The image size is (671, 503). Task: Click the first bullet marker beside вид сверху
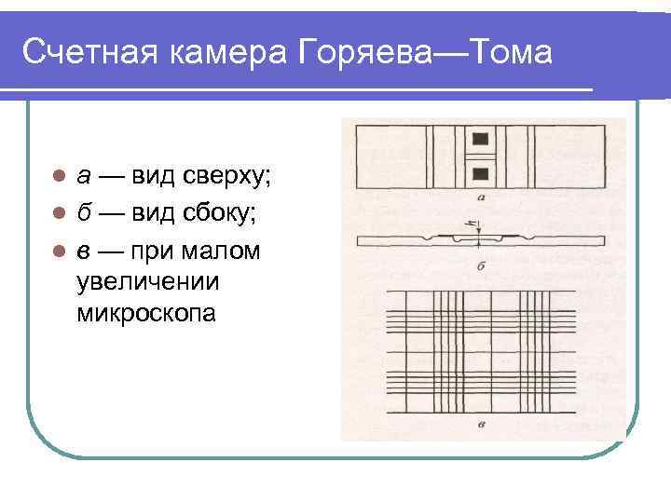[x=58, y=176]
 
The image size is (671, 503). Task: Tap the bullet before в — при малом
[x=58, y=251]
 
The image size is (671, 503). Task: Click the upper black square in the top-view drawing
[x=481, y=140]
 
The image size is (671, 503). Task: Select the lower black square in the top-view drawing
[x=481, y=173]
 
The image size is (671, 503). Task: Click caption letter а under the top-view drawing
[x=479, y=197]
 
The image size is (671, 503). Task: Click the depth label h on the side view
[x=472, y=224]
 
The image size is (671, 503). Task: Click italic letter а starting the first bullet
[x=84, y=176]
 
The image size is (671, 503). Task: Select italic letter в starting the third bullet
[x=84, y=251]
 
